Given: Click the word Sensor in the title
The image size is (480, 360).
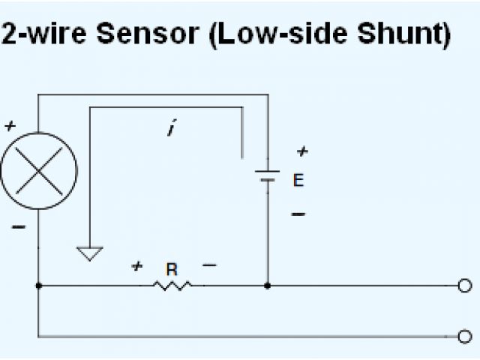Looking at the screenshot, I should pyautogui.click(x=149, y=34).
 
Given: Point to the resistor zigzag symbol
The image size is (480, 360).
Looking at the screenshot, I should pyautogui.click(x=173, y=285).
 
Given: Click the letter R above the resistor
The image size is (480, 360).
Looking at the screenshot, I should pyautogui.click(x=172, y=268).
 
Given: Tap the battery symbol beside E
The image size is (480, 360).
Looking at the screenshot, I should pyautogui.click(x=267, y=178).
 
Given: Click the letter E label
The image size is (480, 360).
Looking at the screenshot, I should pyautogui.click(x=298, y=181).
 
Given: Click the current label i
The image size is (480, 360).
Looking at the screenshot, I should pyautogui.click(x=172, y=130).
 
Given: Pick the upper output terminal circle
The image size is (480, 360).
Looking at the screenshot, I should pyautogui.click(x=465, y=286).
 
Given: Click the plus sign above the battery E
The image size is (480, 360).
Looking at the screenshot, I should pyautogui.click(x=301, y=152).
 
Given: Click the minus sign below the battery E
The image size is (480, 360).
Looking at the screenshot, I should pyautogui.click(x=298, y=214).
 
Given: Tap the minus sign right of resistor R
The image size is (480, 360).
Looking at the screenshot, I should pyautogui.click(x=209, y=265).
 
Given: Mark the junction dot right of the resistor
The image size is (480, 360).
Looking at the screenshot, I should pyautogui.click(x=268, y=286).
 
